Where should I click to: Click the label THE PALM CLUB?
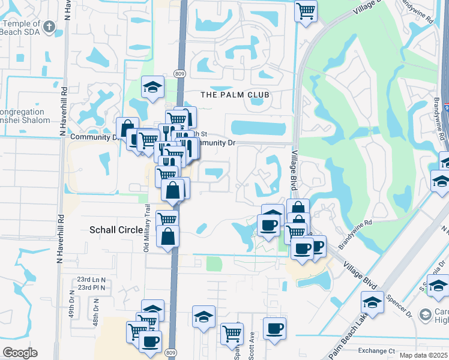[235, 95]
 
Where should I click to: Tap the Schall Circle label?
[116, 230]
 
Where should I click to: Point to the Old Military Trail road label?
[146, 228]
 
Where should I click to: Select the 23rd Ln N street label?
[91, 280]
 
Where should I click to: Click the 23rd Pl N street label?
[91, 288]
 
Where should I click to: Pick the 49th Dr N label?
[71, 311]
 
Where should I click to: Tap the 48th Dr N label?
[96, 311]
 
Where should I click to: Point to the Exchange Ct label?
[376, 350]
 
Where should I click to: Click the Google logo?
[20, 353]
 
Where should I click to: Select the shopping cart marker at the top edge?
[306, 10]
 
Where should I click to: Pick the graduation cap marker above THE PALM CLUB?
[152, 87]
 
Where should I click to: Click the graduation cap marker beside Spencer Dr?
[372, 302]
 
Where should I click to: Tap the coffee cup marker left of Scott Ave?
[274, 328]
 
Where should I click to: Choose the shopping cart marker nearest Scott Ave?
[232, 333]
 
